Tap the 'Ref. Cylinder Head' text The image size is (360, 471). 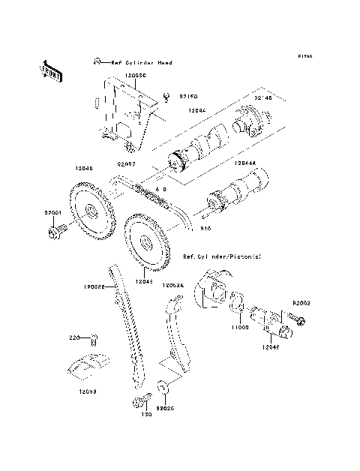pyautogui.click(x=141, y=62)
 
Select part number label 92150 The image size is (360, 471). pyautogui.click(x=187, y=96)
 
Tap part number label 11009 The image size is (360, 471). pyautogui.click(x=239, y=328)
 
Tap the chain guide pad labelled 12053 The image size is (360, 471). pyautogui.click(x=88, y=364)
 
